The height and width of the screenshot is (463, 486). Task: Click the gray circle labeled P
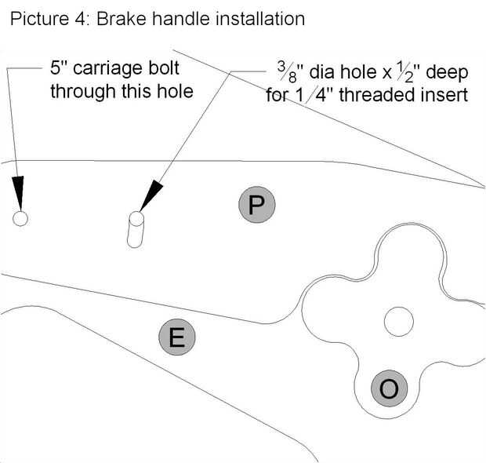tap(257, 205)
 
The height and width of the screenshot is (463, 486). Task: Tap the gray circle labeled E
tap(176, 338)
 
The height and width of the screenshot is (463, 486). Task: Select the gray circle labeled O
tap(389, 388)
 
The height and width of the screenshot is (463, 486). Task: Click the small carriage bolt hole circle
tap(20, 218)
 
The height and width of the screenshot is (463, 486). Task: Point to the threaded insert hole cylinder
tap(136, 230)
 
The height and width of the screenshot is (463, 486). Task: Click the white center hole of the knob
tap(398, 320)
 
